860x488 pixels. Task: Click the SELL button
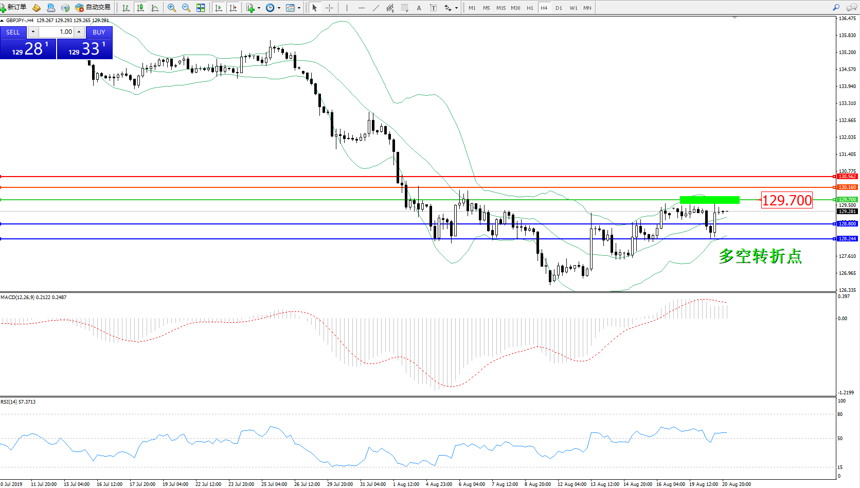(x=13, y=32)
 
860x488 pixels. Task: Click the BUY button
(x=99, y=32)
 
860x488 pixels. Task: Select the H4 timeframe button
(x=544, y=8)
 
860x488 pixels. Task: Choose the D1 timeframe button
(x=559, y=8)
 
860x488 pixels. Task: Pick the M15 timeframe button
(x=501, y=8)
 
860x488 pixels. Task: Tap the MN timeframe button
(x=587, y=8)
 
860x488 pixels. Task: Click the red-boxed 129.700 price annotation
(x=786, y=200)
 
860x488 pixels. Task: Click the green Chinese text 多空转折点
(x=760, y=256)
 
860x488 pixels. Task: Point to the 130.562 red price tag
(x=847, y=177)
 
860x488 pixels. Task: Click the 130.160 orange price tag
(x=847, y=187)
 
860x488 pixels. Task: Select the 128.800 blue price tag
(x=847, y=224)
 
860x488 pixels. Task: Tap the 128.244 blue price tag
(x=847, y=239)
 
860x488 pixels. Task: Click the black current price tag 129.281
(x=847, y=212)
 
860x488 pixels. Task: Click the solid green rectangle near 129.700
(x=709, y=200)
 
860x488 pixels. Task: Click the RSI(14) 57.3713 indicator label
(x=19, y=402)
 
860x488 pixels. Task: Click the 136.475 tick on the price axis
(x=847, y=19)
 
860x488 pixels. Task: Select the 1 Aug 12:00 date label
(x=406, y=484)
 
